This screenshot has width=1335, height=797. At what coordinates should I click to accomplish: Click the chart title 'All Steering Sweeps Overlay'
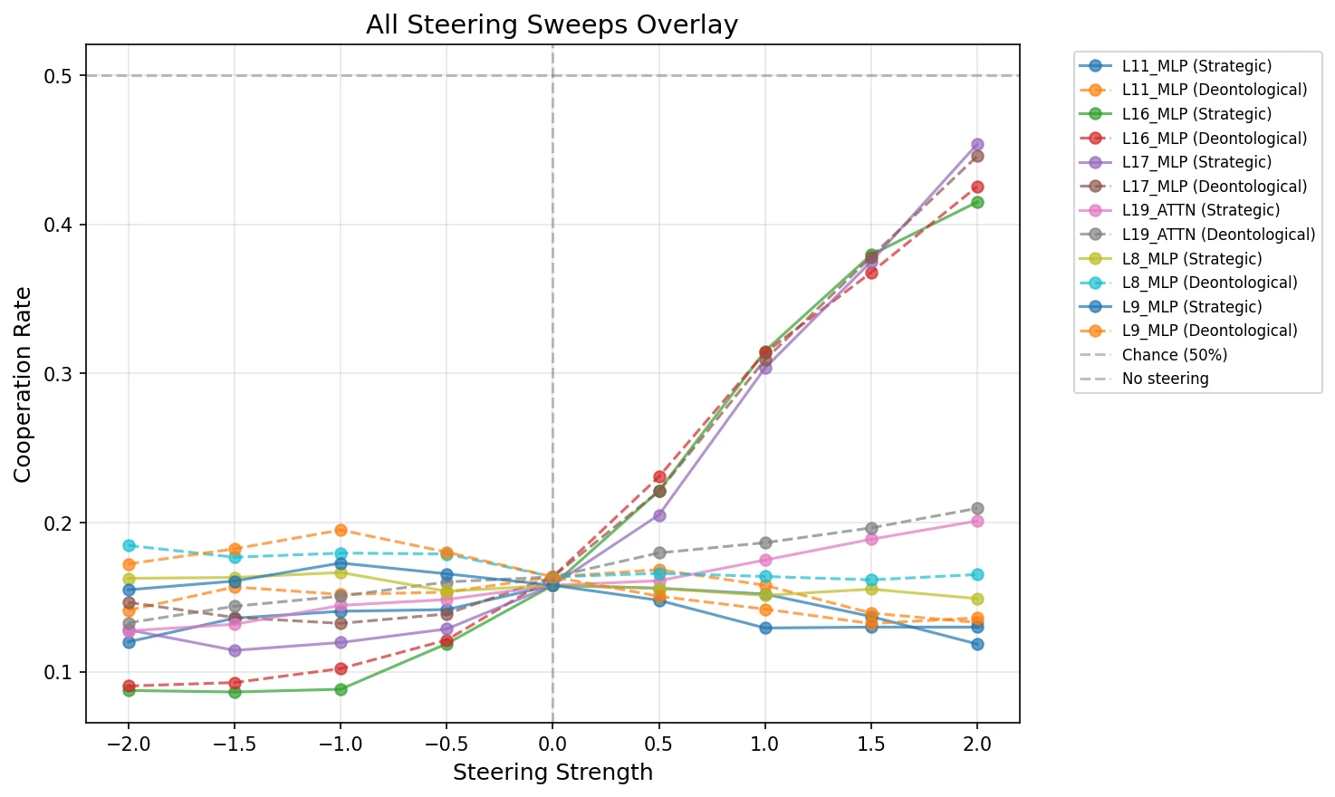click(552, 24)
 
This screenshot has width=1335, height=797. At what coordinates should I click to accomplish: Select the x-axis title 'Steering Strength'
click(552, 773)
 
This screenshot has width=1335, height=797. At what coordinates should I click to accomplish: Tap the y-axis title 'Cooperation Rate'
click(23, 384)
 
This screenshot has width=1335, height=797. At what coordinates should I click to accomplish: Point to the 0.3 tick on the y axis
click(58, 374)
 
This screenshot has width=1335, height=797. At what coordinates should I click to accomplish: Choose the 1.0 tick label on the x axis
click(765, 744)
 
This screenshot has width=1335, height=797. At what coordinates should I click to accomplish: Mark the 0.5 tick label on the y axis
click(58, 76)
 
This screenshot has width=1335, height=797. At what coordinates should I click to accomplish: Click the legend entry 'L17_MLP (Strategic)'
click(1196, 162)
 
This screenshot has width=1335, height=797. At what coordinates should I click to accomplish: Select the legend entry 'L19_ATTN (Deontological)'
click(1218, 235)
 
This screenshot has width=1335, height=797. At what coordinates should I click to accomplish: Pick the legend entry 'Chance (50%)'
click(1174, 355)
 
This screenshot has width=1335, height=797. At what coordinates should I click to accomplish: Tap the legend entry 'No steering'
click(1165, 379)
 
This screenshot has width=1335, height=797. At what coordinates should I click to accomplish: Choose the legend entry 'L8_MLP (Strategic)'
click(1191, 259)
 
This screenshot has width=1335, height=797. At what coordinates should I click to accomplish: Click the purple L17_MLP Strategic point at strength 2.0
click(977, 145)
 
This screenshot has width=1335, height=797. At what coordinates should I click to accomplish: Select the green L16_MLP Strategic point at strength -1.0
click(341, 689)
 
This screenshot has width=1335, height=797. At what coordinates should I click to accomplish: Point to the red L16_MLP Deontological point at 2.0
click(977, 187)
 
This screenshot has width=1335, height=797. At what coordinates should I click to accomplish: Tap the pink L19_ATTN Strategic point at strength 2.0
click(977, 521)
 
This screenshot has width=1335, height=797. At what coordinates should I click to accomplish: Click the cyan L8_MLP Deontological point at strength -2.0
click(129, 545)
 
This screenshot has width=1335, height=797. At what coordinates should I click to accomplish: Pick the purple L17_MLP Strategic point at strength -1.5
click(235, 650)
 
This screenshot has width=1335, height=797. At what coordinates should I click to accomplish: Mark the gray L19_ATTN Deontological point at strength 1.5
click(871, 528)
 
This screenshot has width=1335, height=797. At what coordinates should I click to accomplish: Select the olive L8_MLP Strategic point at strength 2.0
click(977, 599)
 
